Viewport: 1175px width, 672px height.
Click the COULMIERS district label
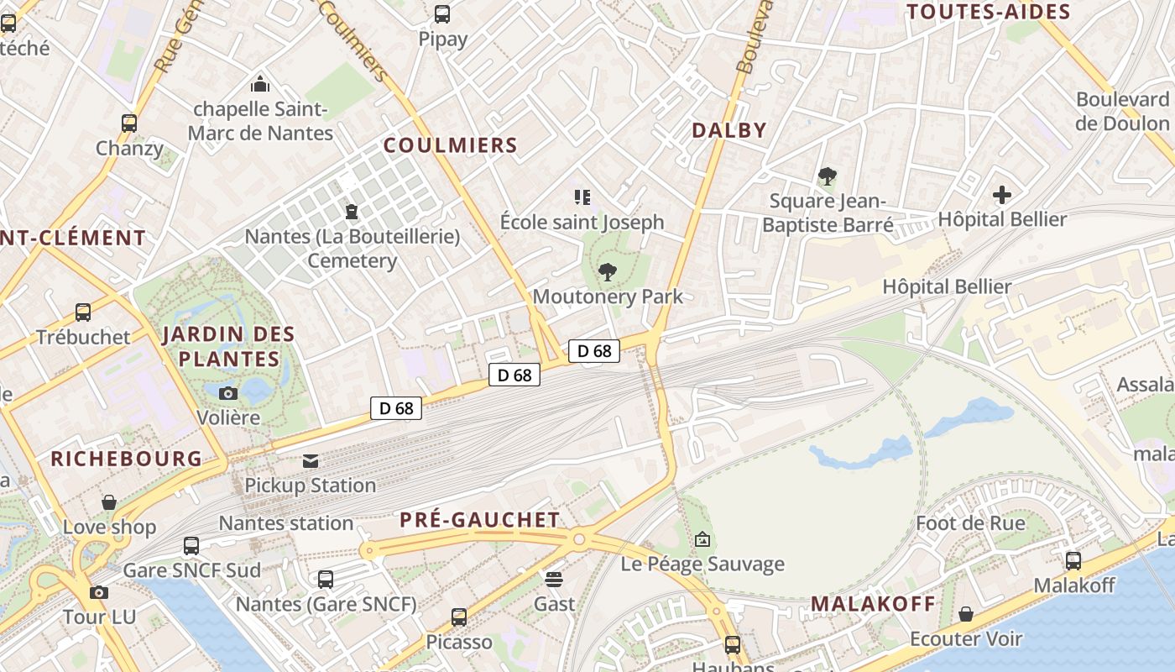pyautogui.click(x=451, y=145)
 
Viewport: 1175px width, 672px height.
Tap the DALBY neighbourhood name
pyautogui.click(x=729, y=130)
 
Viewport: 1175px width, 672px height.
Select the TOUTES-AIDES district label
pyautogui.click(x=989, y=12)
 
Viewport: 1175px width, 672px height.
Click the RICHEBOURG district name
pyautogui.click(x=127, y=459)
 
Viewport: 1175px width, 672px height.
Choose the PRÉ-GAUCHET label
pyautogui.click(x=480, y=520)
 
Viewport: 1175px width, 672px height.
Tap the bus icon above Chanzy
pyautogui.click(x=129, y=123)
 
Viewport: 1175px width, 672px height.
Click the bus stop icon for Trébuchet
pyautogui.click(x=83, y=312)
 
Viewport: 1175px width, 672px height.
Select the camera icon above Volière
pyautogui.click(x=228, y=393)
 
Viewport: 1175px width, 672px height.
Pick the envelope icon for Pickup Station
pyautogui.click(x=311, y=460)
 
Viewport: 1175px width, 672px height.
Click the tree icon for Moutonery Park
pyautogui.click(x=608, y=272)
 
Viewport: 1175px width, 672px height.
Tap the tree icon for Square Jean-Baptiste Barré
pyautogui.click(x=828, y=176)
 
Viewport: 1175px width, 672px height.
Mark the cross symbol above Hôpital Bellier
pyautogui.click(x=1002, y=196)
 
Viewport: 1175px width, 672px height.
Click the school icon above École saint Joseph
pyautogui.click(x=582, y=197)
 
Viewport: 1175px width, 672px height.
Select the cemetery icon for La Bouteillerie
pyautogui.click(x=352, y=211)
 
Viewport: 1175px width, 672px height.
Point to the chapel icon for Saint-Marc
pyautogui.click(x=260, y=84)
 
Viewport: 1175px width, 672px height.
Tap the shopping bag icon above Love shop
pyautogui.click(x=109, y=502)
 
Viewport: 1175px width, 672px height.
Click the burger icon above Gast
pyautogui.click(x=554, y=579)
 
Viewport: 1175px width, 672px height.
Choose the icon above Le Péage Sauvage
pyautogui.click(x=702, y=539)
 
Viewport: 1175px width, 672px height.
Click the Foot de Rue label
pyautogui.click(x=970, y=523)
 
